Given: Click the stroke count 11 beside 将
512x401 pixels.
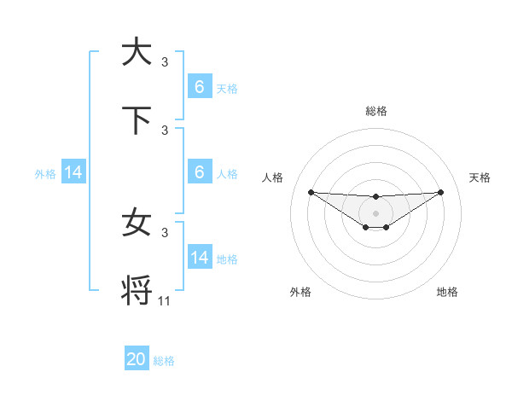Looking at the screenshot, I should point(165,300).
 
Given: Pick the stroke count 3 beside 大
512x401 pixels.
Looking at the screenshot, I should point(165,61).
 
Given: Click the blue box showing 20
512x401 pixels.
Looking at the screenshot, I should point(137,359).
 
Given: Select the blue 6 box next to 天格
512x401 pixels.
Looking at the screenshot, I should point(200,87).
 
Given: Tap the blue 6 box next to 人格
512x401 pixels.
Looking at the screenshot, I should point(200,172).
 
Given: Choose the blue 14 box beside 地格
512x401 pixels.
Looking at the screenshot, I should point(200,258).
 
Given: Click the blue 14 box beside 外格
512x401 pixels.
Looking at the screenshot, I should point(73,172).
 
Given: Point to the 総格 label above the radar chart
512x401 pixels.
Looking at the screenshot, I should point(375,111).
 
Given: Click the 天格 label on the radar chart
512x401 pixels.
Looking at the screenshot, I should point(480,177).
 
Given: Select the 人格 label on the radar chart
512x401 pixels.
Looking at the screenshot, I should point(274,177).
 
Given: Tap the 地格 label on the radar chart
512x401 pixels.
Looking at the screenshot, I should point(447,292).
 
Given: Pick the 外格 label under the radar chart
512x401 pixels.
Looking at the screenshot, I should point(300,292).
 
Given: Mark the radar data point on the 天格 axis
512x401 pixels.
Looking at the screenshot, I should point(440,192).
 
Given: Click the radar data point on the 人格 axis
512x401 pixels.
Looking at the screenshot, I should point(311,192).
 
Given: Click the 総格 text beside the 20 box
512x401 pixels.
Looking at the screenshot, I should point(164,361).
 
